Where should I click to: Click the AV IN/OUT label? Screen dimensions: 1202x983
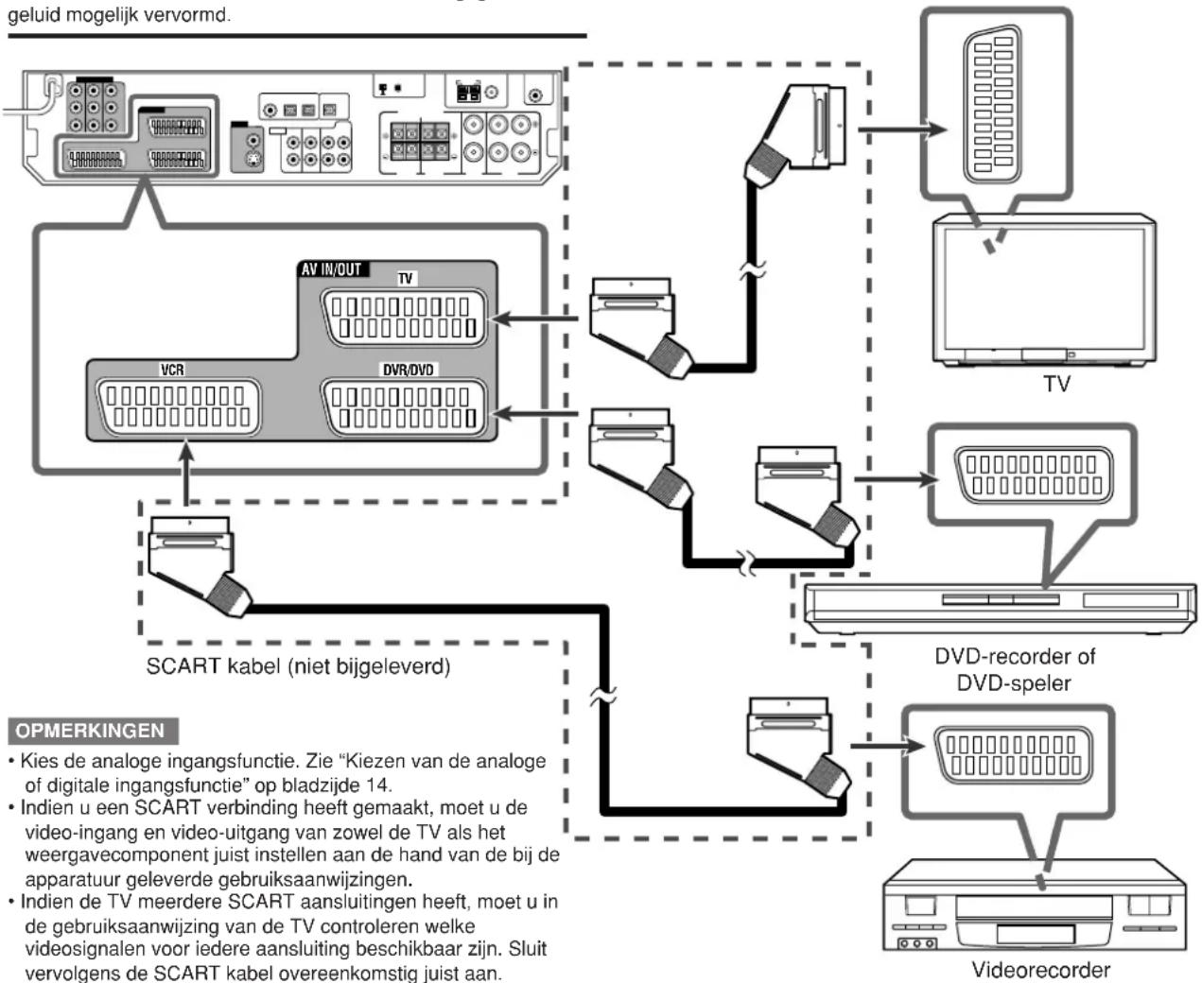[x=332, y=268]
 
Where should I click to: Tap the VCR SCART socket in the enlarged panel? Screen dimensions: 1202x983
[x=179, y=407]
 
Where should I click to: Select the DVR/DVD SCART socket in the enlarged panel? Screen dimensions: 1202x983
[x=404, y=407]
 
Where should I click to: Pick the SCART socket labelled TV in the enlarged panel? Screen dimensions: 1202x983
[x=404, y=318]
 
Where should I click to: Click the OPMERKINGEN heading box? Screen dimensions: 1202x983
[x=93, y=730]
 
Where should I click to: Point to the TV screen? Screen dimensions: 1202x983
[x=1044, y=289]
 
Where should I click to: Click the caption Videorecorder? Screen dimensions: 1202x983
[x=1040, y=970]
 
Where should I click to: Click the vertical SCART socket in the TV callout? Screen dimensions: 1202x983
[x=992, y=104]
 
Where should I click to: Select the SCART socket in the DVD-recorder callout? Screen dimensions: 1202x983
[x=1034, y=475]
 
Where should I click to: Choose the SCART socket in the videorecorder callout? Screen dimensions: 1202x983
[x=1014, y=754]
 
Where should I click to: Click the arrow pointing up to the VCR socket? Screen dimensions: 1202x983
[x=185, y=473]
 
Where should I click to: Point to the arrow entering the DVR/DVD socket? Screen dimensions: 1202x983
[x=534, y=413]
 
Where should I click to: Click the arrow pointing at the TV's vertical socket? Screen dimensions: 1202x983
[x=902, y=129]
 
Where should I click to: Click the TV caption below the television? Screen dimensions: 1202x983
[x=1056, y=384]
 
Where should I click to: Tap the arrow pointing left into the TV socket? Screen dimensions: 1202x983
[x=534, y=319]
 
